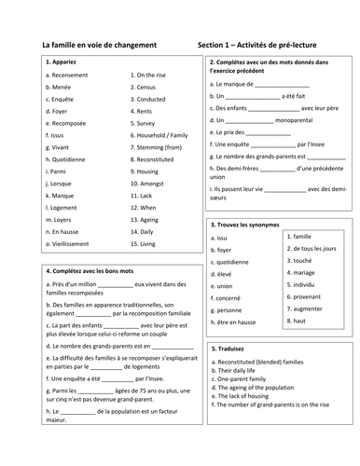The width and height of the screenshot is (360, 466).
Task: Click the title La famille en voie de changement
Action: click(100, 44)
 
